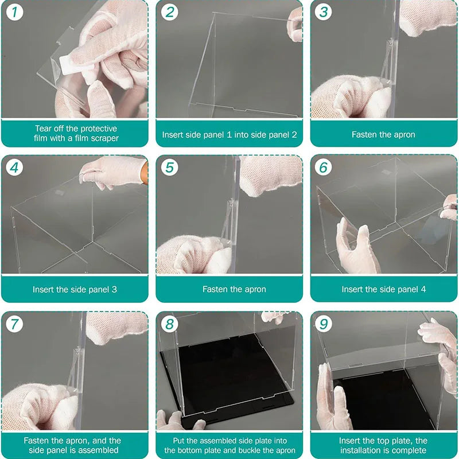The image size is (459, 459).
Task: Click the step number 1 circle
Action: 14,12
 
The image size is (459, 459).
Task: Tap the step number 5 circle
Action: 169,168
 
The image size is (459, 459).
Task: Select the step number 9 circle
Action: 324,324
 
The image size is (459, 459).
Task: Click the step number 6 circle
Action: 324,168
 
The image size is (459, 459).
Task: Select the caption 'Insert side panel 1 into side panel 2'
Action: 229,134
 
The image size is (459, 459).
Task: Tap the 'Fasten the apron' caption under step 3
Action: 383,134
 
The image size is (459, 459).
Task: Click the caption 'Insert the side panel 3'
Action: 75,289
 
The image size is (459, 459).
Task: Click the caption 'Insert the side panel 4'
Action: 383,289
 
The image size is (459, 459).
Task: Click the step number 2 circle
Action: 169,12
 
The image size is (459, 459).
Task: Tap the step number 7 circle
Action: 14,324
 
